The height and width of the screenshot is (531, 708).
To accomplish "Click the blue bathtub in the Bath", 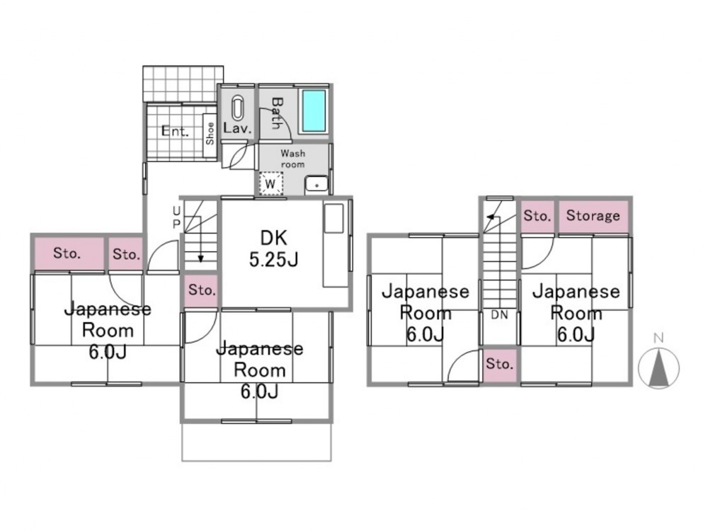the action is click(314, 110).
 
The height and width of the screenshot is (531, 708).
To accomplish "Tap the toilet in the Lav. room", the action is click(237, 108).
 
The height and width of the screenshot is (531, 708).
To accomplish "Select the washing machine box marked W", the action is click(271, 183).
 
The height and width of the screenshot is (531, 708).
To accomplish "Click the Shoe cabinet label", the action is click(210, 133).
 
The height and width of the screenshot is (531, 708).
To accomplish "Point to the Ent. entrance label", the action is click(175, 132).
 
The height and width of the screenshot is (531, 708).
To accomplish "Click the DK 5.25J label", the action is click(273, 249).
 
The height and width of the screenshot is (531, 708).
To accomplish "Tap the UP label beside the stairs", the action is click(176, 217).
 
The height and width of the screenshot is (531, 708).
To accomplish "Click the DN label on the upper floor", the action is click(499, 315).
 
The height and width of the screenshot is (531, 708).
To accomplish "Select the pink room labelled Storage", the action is click(593, 216).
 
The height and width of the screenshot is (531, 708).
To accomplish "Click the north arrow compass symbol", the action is click(658, 368).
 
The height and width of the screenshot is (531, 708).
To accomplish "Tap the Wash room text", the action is click(292, 159).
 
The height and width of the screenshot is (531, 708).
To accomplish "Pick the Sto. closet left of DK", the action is click(202, 290).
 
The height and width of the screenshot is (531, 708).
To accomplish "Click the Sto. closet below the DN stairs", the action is click(499, 364).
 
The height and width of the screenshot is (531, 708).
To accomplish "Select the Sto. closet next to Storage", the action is click(537, 216).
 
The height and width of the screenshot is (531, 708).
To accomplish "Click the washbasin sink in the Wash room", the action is click(316, 185).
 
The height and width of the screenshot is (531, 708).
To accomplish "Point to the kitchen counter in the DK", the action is click(336, 244).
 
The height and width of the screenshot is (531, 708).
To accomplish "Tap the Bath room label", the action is click(276, 113).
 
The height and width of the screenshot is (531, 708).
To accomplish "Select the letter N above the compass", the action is click(658, 338).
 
